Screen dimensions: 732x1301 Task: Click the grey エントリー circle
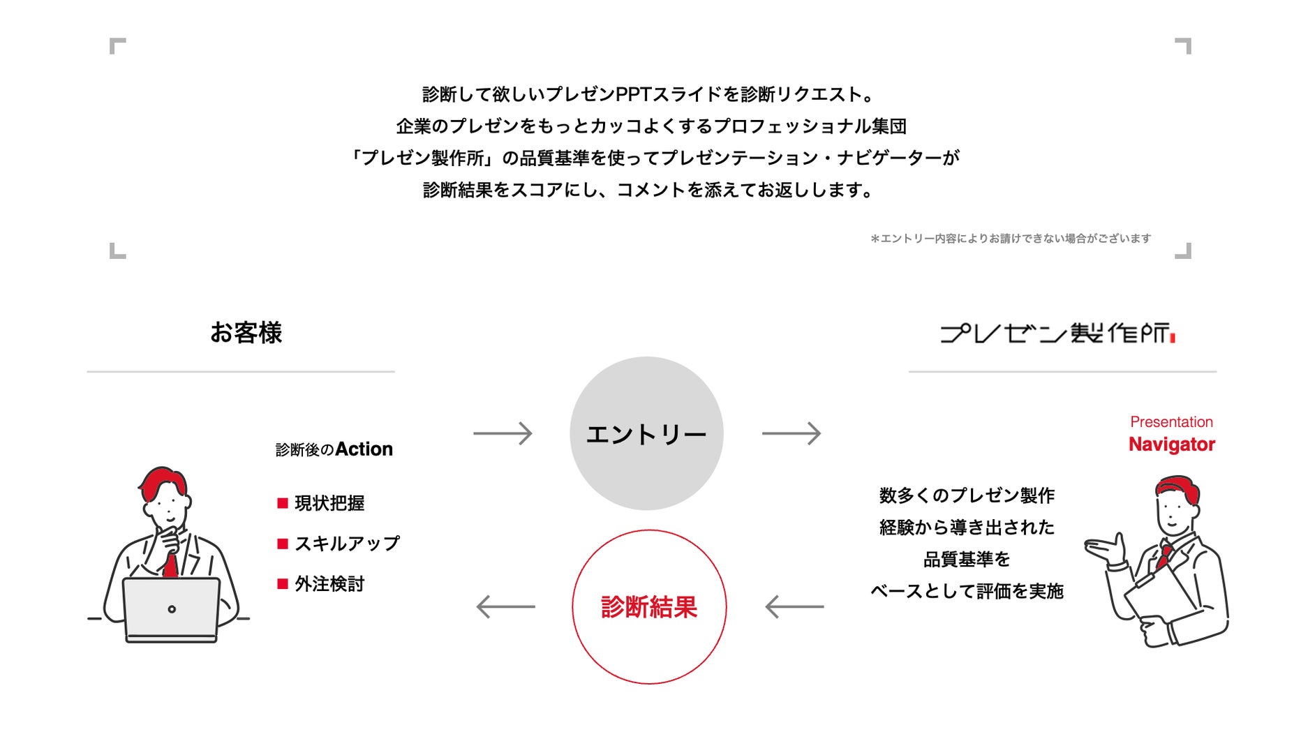point(646,433)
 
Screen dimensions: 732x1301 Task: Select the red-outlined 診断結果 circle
point(649,606)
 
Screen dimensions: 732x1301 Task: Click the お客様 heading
point(246,333)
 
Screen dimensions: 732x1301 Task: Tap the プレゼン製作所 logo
point(1057,334)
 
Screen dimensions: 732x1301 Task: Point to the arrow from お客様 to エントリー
point(503,433)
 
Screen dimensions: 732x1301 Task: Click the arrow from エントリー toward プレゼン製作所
point(791,433)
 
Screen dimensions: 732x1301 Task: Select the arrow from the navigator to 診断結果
point(794,606)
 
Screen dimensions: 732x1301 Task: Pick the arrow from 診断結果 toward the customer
point(505,606)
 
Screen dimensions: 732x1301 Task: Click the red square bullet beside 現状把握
point(283,503)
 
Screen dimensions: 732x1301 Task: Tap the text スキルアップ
point(347,544)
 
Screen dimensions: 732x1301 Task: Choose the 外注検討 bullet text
point(329,584)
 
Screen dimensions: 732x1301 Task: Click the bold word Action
point(364,449)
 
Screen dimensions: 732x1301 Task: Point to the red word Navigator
point(1171,445)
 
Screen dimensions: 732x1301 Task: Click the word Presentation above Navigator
point(1171,422)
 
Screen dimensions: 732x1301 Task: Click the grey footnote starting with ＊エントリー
point(1010,239)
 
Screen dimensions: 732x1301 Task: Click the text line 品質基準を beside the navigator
point(967,560)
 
